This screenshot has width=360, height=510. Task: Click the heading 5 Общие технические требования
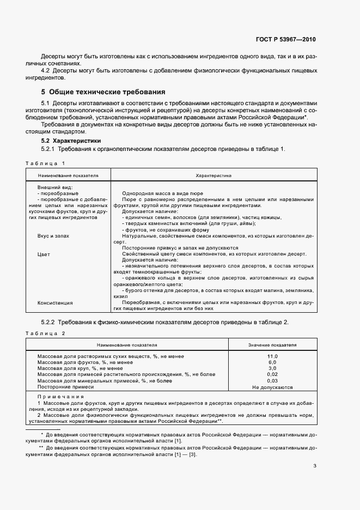pos(103,92)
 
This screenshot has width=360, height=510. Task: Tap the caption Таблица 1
pos(45,163)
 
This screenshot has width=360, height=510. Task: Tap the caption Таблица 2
pos(45,333)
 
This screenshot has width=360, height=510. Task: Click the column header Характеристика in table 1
pos(213,176)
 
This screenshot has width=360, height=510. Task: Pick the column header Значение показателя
pos(272,345)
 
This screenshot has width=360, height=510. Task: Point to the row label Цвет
pos(44,254)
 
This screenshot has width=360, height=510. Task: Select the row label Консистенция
pos(55,302)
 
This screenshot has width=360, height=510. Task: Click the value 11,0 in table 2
pos(272,356)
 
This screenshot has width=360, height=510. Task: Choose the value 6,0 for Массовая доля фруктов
pos(272,362)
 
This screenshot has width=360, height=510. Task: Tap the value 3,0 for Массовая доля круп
pos(272,368)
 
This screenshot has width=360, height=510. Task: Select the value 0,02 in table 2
pos(272,374)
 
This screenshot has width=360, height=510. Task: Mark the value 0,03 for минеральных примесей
pos(272,381)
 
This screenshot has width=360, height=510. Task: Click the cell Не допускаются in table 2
pos(272,387)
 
